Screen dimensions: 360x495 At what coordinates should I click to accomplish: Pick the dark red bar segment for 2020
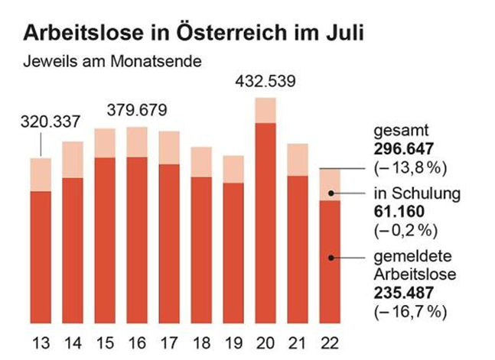265,222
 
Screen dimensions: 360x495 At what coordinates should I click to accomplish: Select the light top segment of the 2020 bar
265,110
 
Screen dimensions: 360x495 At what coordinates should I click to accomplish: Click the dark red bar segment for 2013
41,256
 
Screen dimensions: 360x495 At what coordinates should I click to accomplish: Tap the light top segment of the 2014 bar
73,160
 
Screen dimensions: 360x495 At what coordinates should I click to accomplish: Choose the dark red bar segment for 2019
233,252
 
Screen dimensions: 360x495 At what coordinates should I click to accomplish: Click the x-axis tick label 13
41,342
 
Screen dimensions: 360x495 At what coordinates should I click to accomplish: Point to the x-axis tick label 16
137,342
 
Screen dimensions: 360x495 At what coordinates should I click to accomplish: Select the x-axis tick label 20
265,342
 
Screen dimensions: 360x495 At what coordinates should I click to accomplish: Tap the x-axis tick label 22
330,342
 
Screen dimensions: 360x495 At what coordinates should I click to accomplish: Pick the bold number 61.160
397,210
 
